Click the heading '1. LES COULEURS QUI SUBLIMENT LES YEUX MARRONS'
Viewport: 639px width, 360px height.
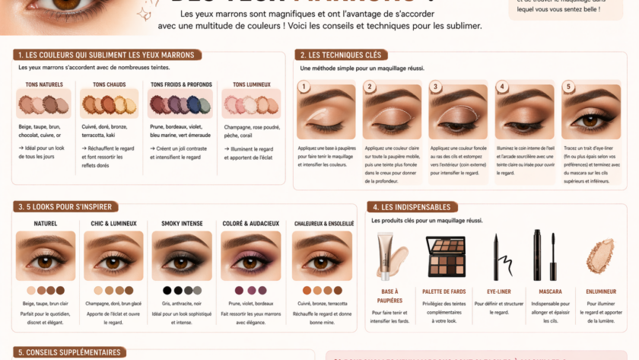click(x=106, y=55)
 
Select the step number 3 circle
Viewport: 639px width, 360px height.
click(x=436, y=86)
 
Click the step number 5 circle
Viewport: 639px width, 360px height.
click(x=567, y=86)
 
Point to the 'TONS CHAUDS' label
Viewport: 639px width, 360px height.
click(x=110, y=84)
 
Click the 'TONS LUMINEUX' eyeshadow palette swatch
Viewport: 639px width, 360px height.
click(x=250, y=104)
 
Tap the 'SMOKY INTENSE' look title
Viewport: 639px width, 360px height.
click(x=182, y=224)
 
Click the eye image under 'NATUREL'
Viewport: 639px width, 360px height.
click(x=46, y=256)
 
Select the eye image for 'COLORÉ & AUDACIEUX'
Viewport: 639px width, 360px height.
click(x=251, y=256)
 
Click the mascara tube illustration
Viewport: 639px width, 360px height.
click(x=538, y=254)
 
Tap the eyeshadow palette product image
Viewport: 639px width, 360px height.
click(x=446, y=256)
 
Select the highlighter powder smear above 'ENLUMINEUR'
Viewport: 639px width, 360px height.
click(x=600, y=256)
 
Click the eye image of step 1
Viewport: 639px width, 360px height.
click(x=326, y=115)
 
